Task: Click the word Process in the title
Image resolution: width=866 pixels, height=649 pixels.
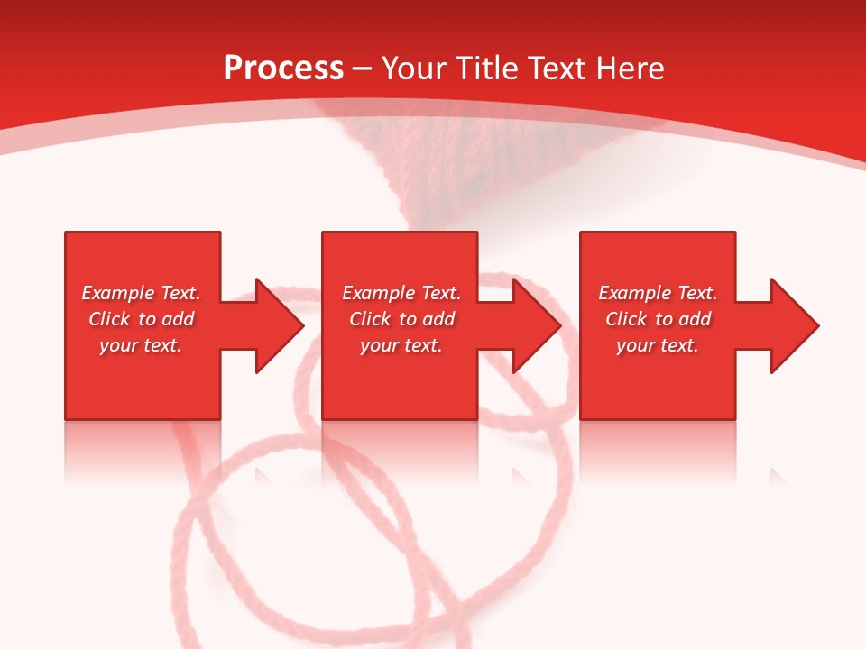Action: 283,69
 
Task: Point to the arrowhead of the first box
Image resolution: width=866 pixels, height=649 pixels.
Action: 280,325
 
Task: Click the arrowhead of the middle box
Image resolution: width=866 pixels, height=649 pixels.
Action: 537,325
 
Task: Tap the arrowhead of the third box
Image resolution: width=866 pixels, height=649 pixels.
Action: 795,325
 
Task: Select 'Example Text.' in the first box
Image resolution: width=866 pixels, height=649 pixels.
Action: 141,293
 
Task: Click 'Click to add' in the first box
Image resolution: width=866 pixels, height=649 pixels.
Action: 141,319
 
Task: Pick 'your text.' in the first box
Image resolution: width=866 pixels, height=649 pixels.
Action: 141,345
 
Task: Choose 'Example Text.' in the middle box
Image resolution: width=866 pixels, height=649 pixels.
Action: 401,293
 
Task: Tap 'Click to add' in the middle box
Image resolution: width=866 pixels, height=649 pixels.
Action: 401,319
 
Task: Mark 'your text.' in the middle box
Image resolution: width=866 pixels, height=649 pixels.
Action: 401,345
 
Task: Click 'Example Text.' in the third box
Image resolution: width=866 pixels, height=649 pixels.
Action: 658,293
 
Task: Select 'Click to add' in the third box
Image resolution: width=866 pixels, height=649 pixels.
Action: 658,319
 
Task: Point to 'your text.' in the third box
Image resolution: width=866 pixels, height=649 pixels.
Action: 658,345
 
